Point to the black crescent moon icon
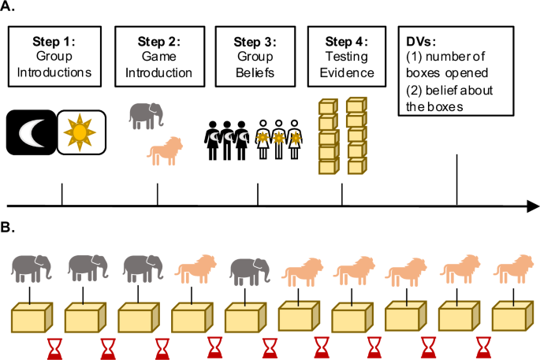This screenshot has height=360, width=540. tap(31, 132)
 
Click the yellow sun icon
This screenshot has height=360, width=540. tap(80, 132)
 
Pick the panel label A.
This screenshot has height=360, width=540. tap(9, 9)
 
